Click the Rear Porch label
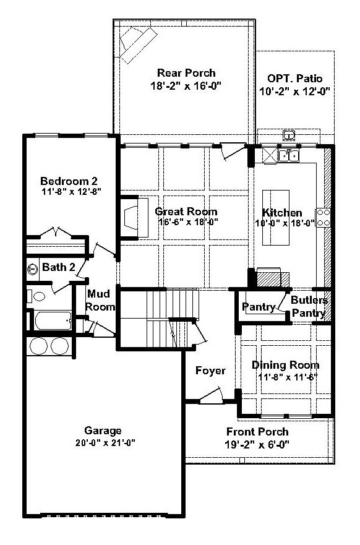[x=186, y=73]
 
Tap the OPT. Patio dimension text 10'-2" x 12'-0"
[x=294, y=92]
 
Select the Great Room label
[x=186, y=212]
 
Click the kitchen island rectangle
[x=276, y=218]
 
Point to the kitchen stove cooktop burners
[x=323, y=218]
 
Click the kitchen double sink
[x=289, y=156]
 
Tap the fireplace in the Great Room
[x=135, y=218]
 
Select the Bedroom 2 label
[x=69, y=181]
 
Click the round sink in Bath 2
[x=33, y=269]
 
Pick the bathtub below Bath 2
[x=53, y=320]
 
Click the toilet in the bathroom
[x=36, y=296]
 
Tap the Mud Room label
[x=100, y=300]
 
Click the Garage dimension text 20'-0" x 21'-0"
[x=105, y=443]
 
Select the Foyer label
[x=210, y=371]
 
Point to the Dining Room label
[x=285, y=365]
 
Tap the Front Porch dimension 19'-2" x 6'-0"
[x=257, y=445]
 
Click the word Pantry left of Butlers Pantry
[x=259, y=307]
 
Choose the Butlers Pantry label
[x=309, y=307]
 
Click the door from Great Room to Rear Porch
[x=233, y=152]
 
